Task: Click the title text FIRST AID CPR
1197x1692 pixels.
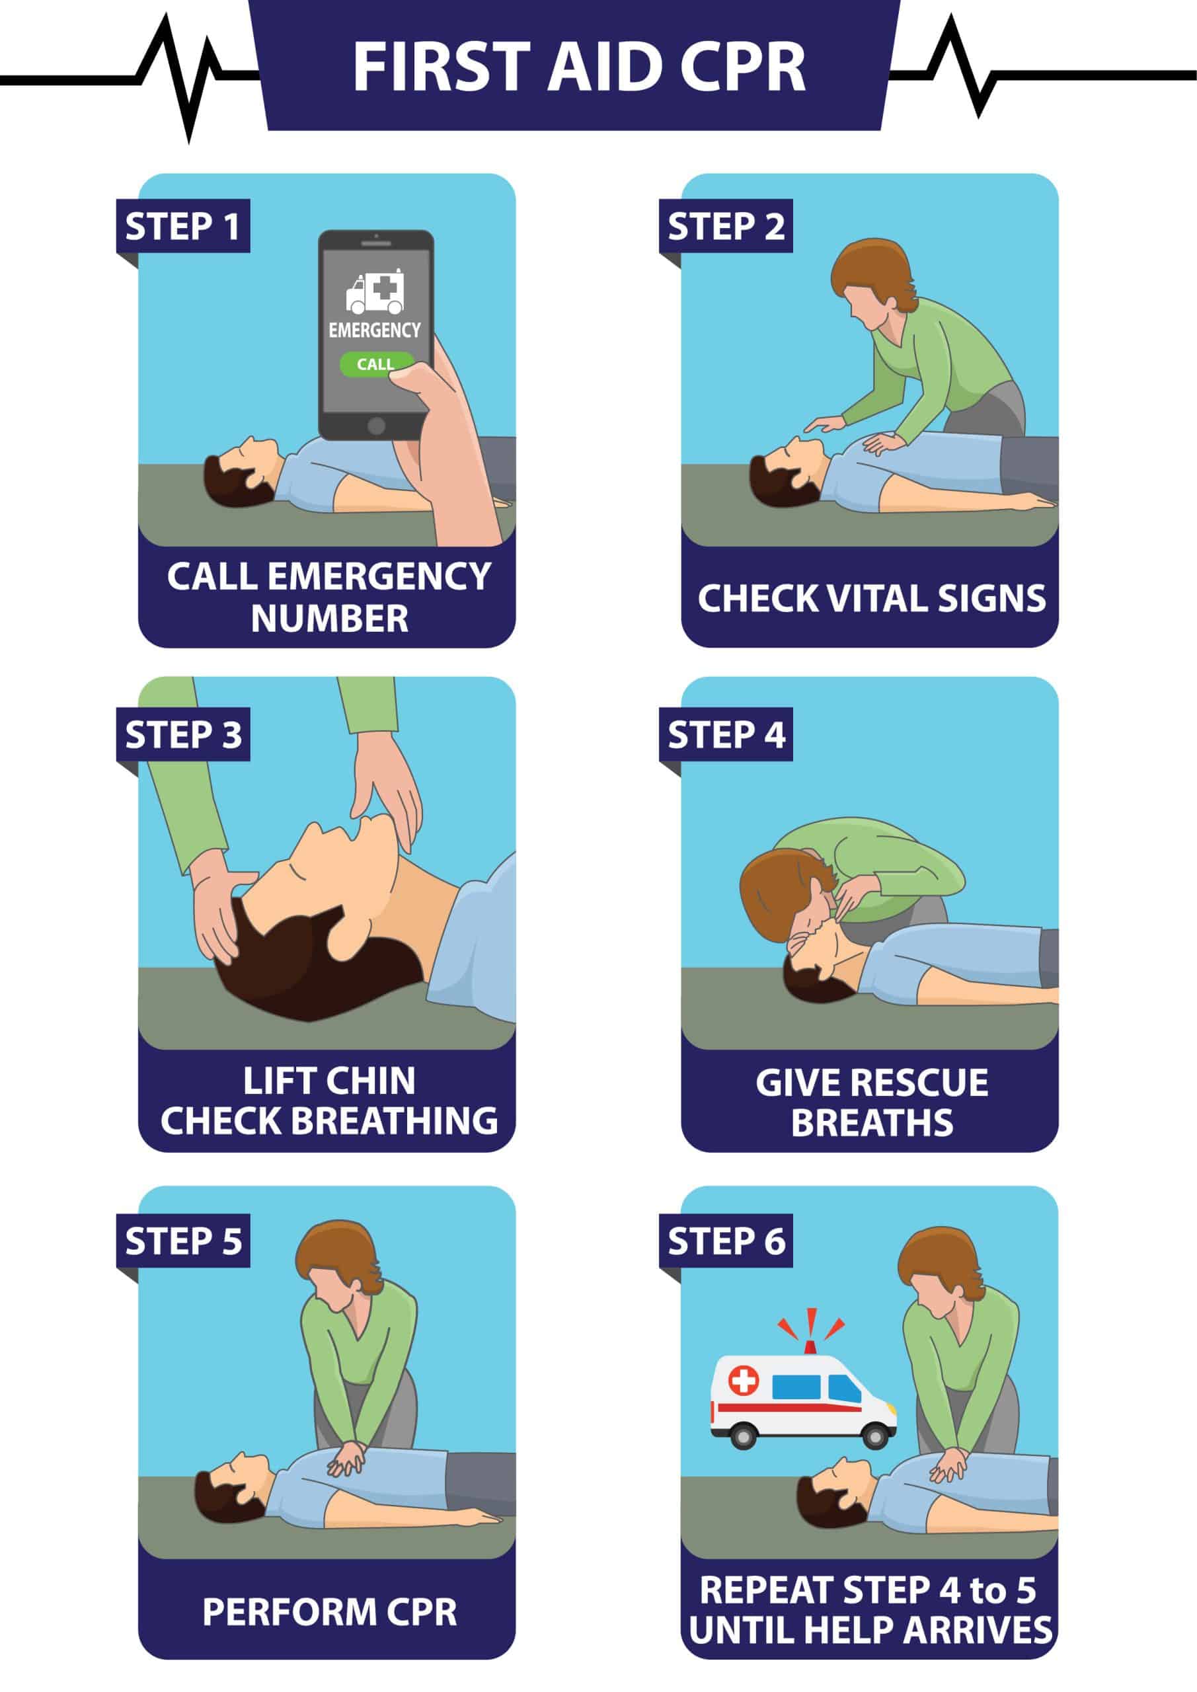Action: (580, 67)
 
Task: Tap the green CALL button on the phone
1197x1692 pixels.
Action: (375, 364)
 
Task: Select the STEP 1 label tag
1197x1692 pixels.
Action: (183, 225)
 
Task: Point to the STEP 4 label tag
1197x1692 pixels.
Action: (726, 735)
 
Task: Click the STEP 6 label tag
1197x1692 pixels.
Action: (726, 1241)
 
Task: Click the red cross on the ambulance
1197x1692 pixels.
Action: (743, 1379)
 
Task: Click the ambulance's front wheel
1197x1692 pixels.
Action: (875, 1436)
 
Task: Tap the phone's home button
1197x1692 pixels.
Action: (376, 425)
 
